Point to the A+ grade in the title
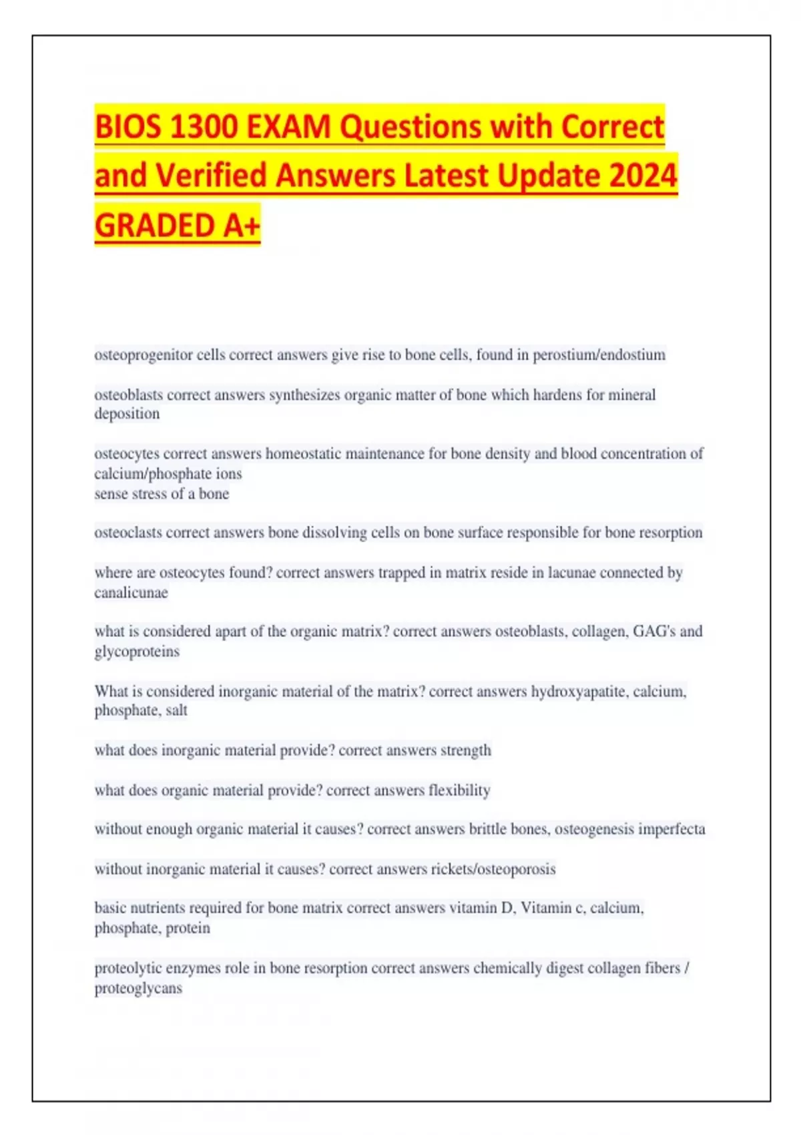pyautogui.click(x=241, y=226)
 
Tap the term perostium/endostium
pyautogui.click(x=599, y=355)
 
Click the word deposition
pyautogui.click(x=127, y=414)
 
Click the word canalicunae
pyautogui.click(x=131, y=593)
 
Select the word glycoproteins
pyautogui.click(x=137, y=652)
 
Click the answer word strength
pyautogui.click(x=465, y=750)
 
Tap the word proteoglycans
pyautogui.click(x=138, y=988)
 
